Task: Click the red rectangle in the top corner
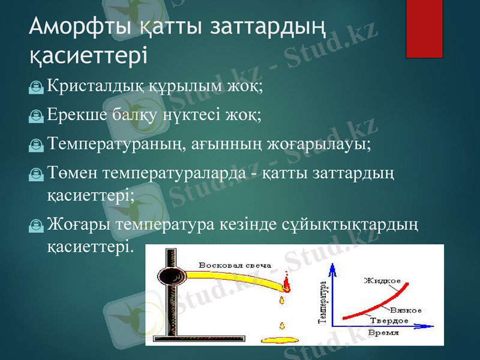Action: coord(424,29)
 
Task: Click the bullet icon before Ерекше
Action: coord(37,116)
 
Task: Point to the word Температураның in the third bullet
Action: coord(111,144)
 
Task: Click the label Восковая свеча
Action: coord(235,265)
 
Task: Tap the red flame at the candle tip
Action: coord(286,281)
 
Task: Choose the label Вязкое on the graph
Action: coord(405,311)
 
